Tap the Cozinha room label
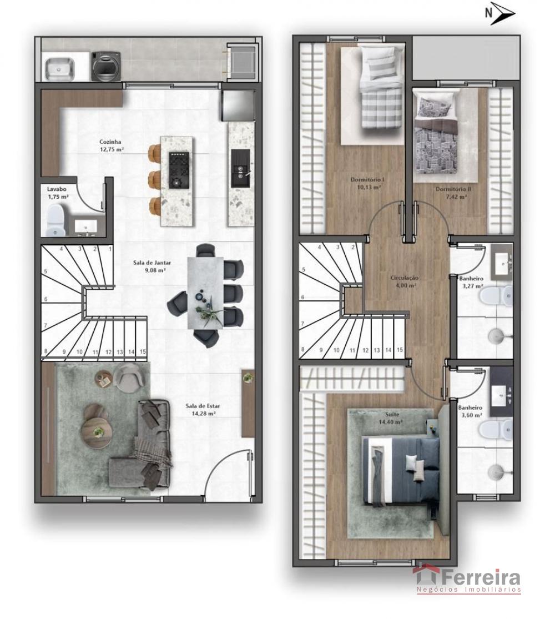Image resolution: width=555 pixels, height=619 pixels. point(110,142)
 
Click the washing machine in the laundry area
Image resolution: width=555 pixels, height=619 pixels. point(106,66)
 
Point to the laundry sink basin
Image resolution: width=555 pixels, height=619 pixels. point(59,69)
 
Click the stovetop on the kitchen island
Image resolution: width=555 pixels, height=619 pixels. point(179,170)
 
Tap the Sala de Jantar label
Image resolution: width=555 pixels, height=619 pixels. point(152,263)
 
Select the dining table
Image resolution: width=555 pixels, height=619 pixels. point(205,293)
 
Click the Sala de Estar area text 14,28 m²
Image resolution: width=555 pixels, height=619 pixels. point(203,414)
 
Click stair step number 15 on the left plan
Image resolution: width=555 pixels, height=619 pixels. point(143,351)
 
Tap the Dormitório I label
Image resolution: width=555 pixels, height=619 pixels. point(368,180)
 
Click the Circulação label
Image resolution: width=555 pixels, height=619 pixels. point(405,278)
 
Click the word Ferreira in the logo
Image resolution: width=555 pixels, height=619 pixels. point(481,578)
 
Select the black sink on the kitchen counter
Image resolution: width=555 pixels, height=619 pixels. point(240,169)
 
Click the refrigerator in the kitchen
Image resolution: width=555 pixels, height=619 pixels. point(238,106)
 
